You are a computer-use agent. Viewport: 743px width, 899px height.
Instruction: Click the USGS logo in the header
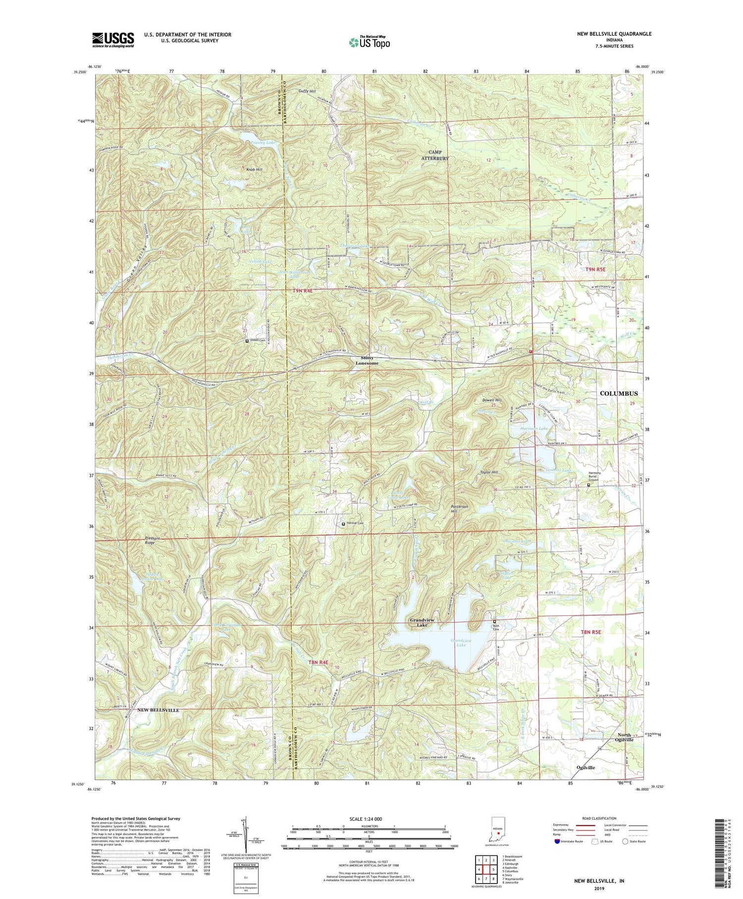pos(113,40)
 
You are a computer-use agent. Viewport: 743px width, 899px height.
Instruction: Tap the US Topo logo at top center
pos(369,42)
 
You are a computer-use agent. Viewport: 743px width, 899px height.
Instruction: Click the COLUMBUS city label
pos(619,393)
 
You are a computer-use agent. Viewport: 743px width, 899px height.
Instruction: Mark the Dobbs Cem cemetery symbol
pos(247,341)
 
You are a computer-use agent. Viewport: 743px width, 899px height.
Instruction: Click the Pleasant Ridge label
pos(145,540)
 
